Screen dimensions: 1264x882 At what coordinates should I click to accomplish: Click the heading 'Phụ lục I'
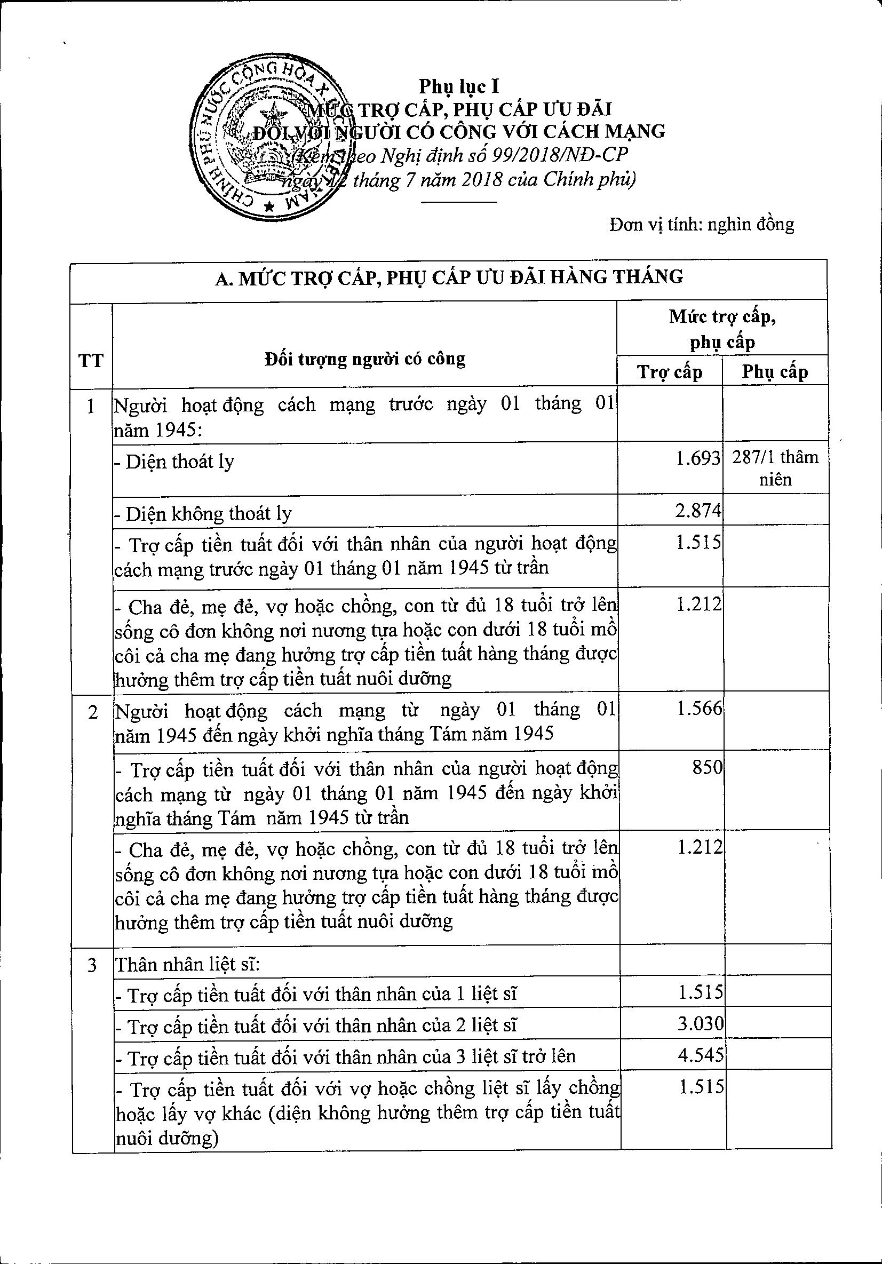coord(459,86)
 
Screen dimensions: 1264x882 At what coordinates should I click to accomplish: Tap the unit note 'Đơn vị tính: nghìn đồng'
coord(702,224)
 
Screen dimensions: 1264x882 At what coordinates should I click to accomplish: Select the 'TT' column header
coord(91,361)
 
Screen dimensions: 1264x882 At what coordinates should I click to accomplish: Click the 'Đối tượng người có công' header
coord(364,359)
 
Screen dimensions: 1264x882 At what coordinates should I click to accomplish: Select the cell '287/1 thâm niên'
coord(775,468)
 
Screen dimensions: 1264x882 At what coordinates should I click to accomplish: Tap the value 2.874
coord(697,510)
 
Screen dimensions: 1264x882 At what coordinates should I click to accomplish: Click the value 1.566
coord(699,709)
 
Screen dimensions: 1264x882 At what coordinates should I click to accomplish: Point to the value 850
coord(707,767)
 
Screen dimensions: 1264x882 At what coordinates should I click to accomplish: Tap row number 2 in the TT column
coord(92,712)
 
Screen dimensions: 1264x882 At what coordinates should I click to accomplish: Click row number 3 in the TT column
coord(92,965)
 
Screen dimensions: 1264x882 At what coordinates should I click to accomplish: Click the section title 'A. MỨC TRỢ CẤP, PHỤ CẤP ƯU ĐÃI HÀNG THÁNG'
coord(449,277)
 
